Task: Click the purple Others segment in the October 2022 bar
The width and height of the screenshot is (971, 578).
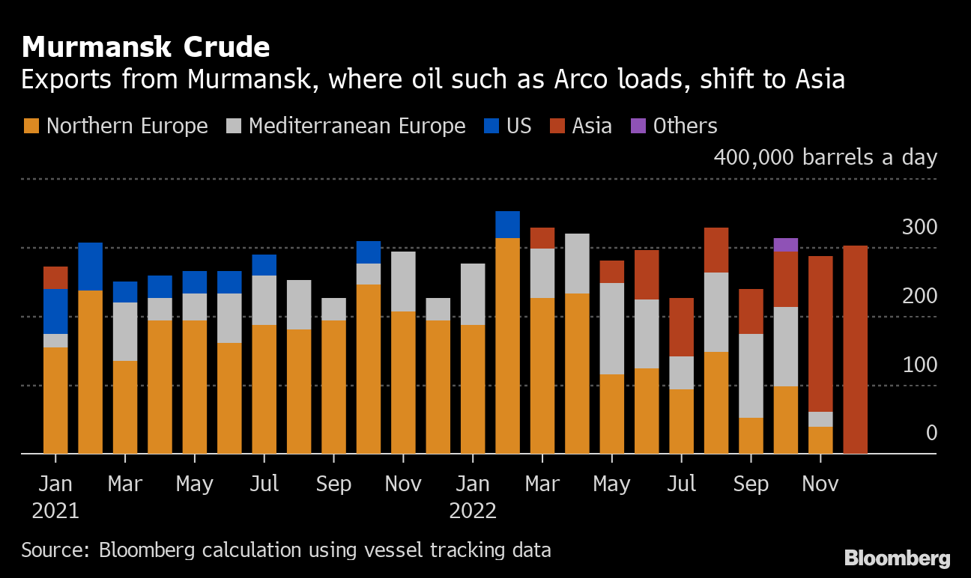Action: point(786,245)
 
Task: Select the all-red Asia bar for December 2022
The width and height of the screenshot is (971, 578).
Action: point(856,350)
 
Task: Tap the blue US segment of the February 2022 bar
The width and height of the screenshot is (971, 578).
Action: point(507,225)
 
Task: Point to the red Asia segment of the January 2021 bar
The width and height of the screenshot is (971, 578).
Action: point(55,278)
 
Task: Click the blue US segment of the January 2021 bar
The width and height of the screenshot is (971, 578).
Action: point(55,311)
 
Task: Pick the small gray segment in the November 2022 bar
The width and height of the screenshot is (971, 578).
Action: point(820,419)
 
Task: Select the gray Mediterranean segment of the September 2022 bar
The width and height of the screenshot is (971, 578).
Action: point(751,376)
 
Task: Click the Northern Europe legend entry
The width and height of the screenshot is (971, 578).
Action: point(115,126)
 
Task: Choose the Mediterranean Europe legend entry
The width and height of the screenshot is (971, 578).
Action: point(345,126)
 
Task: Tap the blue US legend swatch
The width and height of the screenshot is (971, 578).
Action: point(489,126)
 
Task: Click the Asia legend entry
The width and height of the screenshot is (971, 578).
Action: point(581,126)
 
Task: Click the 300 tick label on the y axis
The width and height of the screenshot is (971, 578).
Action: point(919,227)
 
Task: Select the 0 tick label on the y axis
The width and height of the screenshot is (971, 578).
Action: point(931,433)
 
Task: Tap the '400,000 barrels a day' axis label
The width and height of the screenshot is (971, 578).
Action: point(825,158)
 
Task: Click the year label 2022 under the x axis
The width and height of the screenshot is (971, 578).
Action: point(473,511)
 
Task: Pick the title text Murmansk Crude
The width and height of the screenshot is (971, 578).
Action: point(146,48)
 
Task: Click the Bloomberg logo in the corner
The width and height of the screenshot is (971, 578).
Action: point(897,558)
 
